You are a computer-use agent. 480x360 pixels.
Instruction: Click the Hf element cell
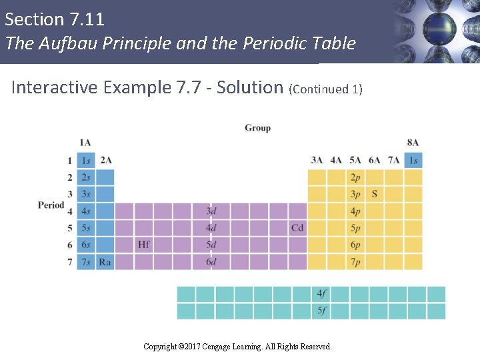144,245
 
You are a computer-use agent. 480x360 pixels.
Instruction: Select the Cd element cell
297,228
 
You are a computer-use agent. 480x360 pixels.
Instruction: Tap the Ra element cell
105,262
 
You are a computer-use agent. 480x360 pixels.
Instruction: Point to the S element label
375,194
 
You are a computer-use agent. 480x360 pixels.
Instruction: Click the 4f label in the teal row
322,294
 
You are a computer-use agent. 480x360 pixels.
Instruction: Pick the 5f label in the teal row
322,311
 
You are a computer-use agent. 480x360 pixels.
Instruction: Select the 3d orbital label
211,211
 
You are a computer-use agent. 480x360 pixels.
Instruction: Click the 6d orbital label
211,262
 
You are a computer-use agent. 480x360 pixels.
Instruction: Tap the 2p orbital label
355,177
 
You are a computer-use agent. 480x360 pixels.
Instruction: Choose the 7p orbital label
355,262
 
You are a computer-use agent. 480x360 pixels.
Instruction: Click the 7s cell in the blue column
86,262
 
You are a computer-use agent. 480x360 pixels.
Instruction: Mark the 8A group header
413,143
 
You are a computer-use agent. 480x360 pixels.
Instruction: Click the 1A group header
85,143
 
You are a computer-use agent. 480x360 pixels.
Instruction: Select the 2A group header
106,160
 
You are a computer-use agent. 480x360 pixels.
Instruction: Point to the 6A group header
375,160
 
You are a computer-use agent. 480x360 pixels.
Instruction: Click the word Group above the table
257,127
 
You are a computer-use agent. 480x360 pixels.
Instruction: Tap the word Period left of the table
51,205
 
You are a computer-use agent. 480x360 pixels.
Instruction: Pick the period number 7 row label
69,262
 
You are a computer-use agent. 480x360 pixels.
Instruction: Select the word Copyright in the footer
161,347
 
